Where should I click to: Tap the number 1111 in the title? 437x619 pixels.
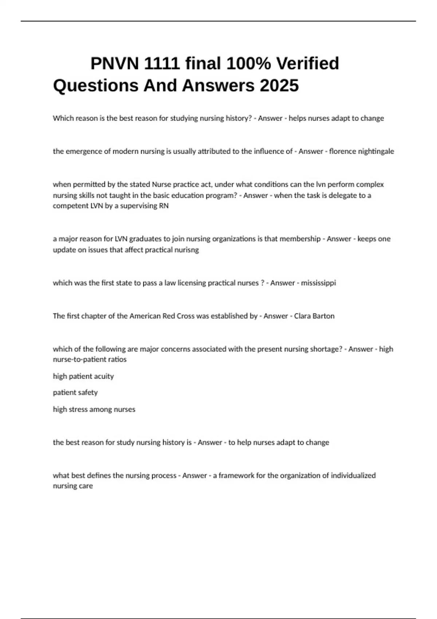tap(162, 64)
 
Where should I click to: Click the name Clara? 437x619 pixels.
tap(302, 316)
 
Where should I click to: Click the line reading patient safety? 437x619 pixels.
tap(75, 393)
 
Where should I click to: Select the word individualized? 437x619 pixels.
tap(353, 476)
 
